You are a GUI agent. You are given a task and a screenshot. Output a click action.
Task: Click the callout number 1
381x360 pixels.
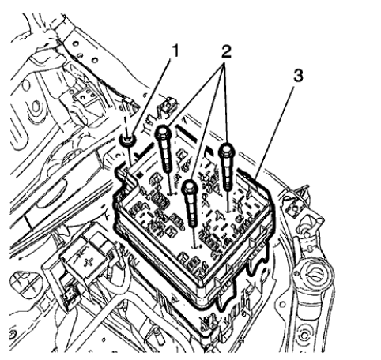tap(178, 53)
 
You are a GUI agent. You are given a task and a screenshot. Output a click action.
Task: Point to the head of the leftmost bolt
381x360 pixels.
tap(164, 133)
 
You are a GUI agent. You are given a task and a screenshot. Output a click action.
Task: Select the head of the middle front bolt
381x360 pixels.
tap(190, 189)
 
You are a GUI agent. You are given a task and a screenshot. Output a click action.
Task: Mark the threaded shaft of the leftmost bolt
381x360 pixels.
tap(168, 162)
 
